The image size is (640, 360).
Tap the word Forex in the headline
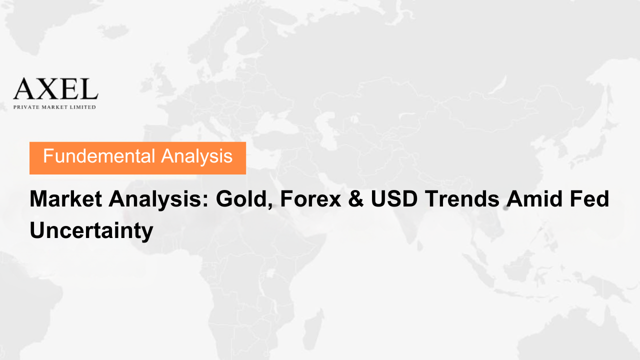310,199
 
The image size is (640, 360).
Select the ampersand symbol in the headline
356,199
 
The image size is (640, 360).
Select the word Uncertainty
91,231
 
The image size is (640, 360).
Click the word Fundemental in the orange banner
99,156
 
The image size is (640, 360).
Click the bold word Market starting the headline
65,199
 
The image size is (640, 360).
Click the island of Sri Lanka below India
419,245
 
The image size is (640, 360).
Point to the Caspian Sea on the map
325,128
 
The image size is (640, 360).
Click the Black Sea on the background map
275,125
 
